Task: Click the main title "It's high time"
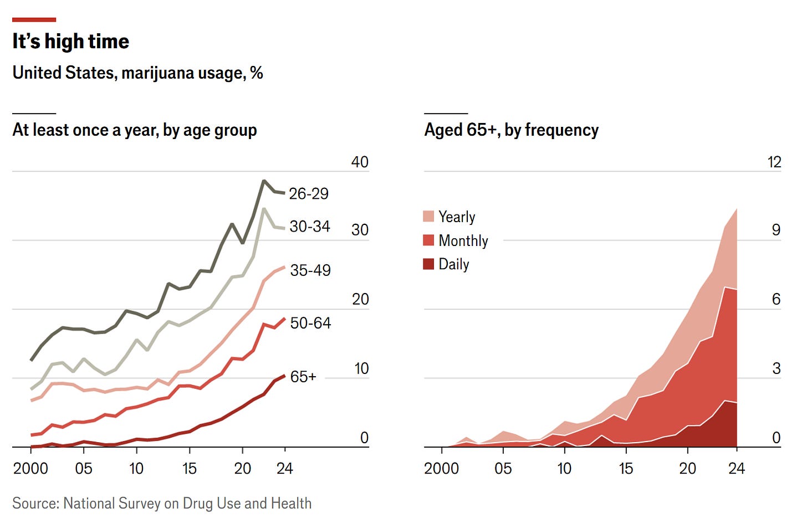[x=70, y=42]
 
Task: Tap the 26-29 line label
[x=308, y=194]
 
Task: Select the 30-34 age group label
[x=309, y=227]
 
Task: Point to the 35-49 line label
[x=310, y=270]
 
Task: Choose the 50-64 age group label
[x=310, y=323]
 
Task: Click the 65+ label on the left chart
[x=303, y=377]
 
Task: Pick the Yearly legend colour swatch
[x=428, y=217]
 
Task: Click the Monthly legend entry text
[x=463, y=240]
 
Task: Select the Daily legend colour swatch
[x=428, y=264]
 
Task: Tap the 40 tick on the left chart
[x=360, y=162]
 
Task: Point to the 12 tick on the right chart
[x=774, y=162]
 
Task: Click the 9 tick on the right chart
[x=776, y=230]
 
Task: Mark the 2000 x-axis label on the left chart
[x=30, y=469]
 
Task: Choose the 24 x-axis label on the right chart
[x=736, y=469]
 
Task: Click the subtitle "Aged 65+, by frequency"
[x=511, y=130]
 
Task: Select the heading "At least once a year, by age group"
[x=135, y=130]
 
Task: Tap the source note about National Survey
[x=162, y=503]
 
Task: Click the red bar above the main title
[x=34, y=20]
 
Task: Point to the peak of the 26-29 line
[x=264, y=181]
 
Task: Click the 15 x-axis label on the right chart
[x=625, y=469]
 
